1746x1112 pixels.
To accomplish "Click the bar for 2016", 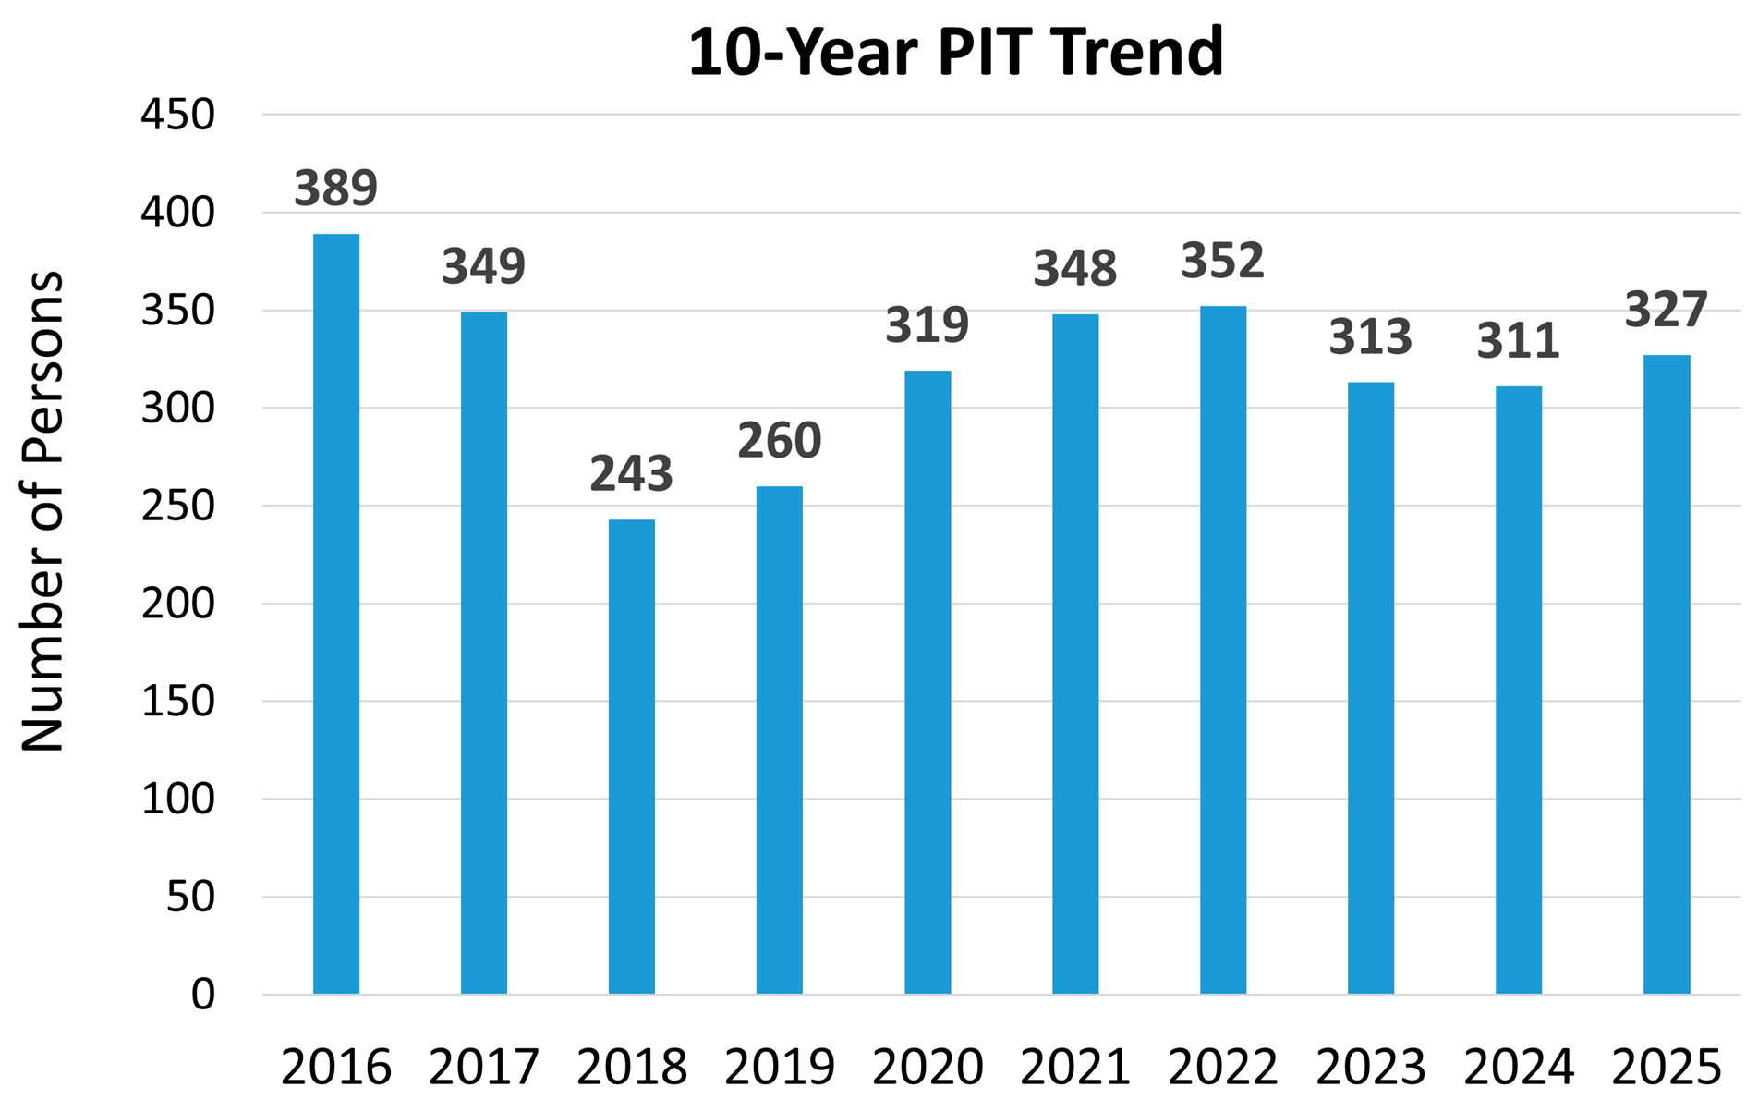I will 336,614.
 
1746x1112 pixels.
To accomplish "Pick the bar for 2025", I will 1667,674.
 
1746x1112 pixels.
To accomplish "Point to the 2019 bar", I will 780,739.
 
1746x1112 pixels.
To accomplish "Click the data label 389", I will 336,189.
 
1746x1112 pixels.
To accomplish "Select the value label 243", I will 632,474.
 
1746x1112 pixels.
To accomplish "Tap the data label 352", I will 1223,261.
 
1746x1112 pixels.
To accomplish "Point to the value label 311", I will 1519,341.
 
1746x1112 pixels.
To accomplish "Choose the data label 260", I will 780,441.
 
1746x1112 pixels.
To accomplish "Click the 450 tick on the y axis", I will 177,116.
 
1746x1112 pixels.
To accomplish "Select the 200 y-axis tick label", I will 177,604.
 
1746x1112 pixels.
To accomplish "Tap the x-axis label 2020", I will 928,1068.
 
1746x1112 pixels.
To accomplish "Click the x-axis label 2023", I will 1371,1068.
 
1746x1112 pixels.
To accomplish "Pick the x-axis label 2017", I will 484,1068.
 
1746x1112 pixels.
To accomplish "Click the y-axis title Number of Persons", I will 42,511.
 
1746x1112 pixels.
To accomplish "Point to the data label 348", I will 1075,269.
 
